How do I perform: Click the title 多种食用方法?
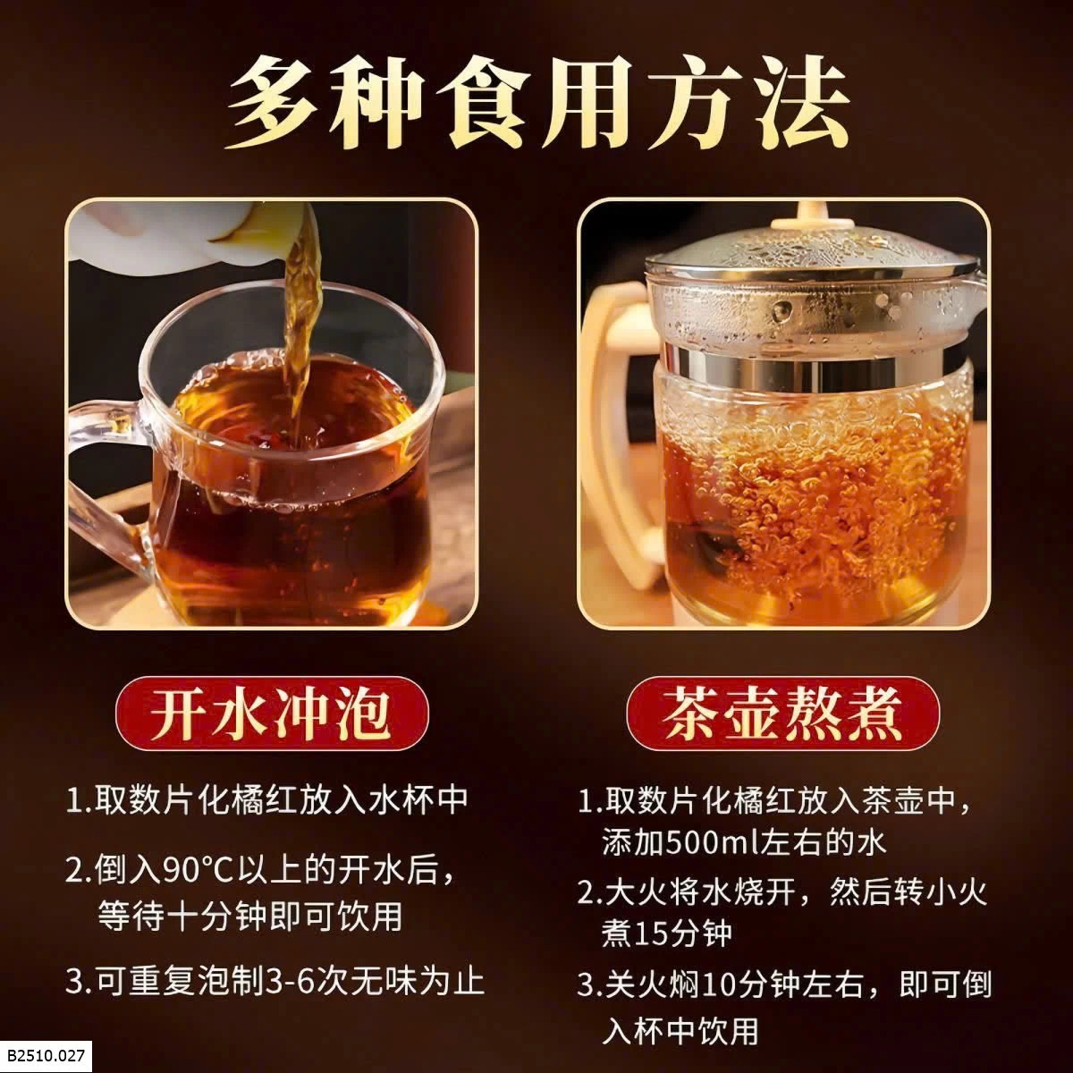tap(536, 103)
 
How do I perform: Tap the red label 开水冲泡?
tap(272, 714)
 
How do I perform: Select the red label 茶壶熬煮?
tap(782, 714)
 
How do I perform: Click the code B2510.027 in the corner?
tap(46, 1056)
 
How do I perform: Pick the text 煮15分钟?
tap(666, 934)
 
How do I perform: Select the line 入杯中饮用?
tap(680, 1031)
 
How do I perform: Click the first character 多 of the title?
tap(274, 104)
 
